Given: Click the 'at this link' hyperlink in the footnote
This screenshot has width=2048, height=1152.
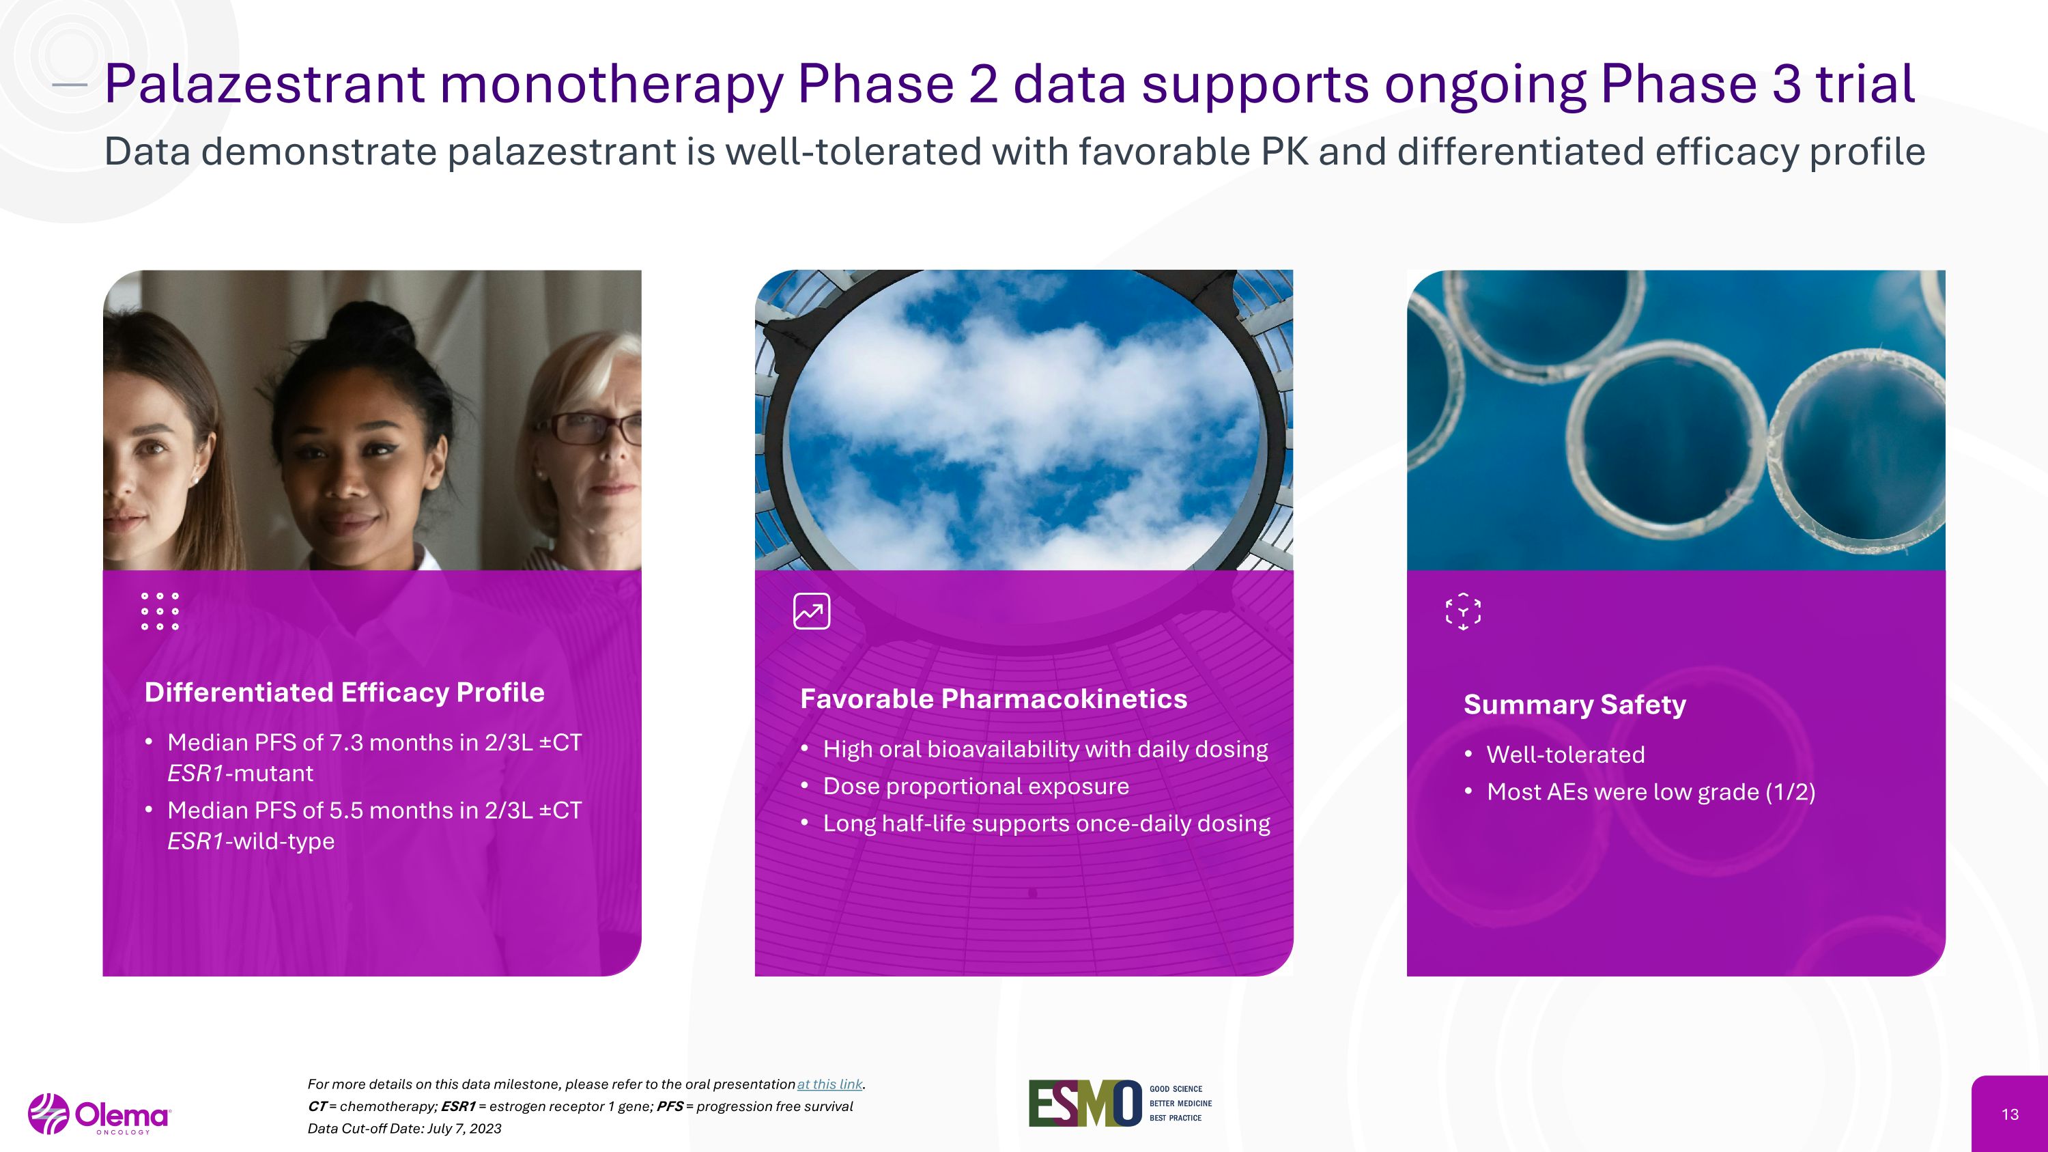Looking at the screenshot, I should (829, 1084).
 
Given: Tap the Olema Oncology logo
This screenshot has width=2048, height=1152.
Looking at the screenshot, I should (100, 1114).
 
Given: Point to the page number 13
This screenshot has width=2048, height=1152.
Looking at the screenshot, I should (2010, 1114).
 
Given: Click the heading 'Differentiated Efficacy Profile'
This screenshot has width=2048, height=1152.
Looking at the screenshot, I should (344, 692).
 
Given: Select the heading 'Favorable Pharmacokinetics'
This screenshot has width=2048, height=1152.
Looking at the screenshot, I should (993, 699).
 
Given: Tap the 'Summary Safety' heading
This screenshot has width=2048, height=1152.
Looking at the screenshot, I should (1574, 705).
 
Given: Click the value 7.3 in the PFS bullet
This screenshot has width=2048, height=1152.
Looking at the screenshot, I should (346, 742).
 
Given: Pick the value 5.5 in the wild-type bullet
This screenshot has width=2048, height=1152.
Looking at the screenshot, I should (346, 810).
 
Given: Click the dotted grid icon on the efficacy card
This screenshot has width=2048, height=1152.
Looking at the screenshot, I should (160, 611).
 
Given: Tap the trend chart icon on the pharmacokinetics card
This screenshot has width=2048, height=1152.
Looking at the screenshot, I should (812, 611).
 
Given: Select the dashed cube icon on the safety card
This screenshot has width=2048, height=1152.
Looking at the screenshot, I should (1463, 611).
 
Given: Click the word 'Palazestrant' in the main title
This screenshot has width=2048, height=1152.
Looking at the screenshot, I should (265, 83).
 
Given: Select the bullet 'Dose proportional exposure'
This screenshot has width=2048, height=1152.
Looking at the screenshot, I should (976, 786).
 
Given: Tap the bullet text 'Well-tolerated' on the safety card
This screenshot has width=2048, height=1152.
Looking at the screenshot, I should (1565, 755).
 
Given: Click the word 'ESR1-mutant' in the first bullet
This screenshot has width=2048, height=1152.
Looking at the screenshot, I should (240, 774).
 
